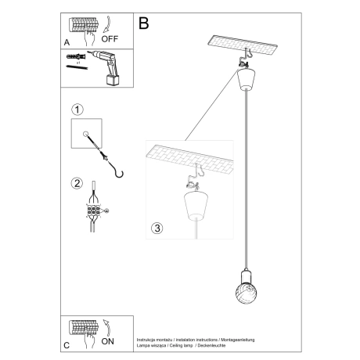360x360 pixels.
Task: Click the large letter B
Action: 143,23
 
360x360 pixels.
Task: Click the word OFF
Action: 110,36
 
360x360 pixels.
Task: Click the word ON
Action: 108,341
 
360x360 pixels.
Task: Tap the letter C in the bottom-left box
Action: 66,344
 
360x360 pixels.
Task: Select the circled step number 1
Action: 76,110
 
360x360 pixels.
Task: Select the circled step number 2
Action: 77,184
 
